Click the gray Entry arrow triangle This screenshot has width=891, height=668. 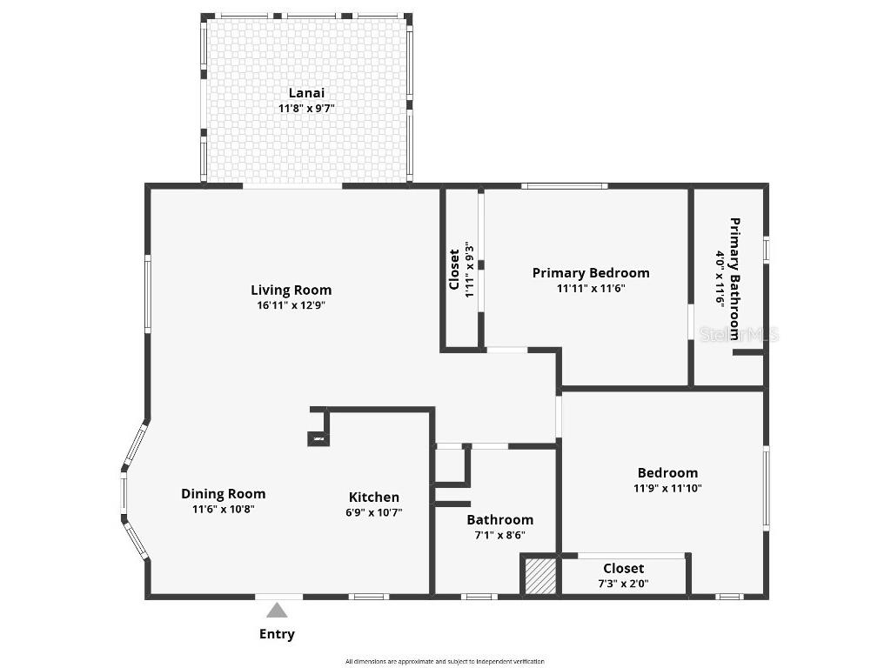pyautogui.click(x=277, y=611)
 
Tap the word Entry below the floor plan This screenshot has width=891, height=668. pyautogui.click(x=277, y=634)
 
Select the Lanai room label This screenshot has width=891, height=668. pyautogui.click(x=306, y=93)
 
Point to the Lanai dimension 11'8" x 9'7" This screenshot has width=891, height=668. pyautogui.click(x=306, y=109)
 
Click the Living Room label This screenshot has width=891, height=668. pyautogui.click(x=291, y=290)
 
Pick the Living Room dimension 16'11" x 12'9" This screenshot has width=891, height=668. pyautogui.click(x=291, y=305)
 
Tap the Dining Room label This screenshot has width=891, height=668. pyautogui.click(x=223, y=493)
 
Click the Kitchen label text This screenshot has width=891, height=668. pyautogui.click(x=374, y=497)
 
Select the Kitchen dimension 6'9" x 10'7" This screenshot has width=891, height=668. pyautogui.click(x=374, y=512)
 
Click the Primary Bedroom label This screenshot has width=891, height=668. pyautogui.click(x=591, y=272)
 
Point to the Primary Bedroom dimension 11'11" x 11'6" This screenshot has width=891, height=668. pyautogui.click(x=591, y=288)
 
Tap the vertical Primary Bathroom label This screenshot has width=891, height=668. pyautogui.click(x=734, y=278)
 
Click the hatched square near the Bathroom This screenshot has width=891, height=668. pyautogui.click(x=540, y=576)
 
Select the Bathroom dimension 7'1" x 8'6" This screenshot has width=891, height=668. pyautogui.click(x=499, y=536)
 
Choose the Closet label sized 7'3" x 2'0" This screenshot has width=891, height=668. pyautogui.click(x=624, y=569)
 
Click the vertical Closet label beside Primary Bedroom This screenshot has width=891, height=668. pyautogui.click(x=454, y=270)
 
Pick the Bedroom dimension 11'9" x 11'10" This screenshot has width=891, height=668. pyautogui.click(x=667, y=488)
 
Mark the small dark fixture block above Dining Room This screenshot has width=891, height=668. pyautogui.click(x=318, y=439)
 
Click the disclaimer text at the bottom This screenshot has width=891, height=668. pyautogui.click(x=445, y=661)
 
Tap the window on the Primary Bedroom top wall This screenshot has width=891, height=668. pyautogui.click(x=564, y=186)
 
